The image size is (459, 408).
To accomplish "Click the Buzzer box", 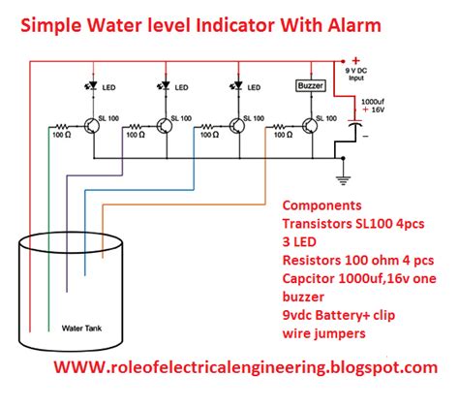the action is (x=310, y=86).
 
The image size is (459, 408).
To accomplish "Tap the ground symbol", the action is (x=343, y=180).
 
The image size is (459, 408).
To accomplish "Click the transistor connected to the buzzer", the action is (x=309, y=126).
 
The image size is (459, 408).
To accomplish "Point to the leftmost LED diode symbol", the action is (x=93, y=85).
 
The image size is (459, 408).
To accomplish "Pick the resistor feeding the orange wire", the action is (x=279, y=126).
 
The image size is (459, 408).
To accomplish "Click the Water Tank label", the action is (x=81, y=329).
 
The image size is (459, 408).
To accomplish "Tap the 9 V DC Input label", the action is (x=356, y=75).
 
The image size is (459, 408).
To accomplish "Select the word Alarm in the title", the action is (x=354, y=25).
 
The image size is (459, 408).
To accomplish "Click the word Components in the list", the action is (x=321, y=205).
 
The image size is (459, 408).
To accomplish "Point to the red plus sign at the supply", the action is (x=355, y=61).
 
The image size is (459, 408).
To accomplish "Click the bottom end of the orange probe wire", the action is (x=103, y=258).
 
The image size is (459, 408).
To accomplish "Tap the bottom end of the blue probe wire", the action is (x=85, y=274).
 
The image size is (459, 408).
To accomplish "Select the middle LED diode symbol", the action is (x=165, y=85).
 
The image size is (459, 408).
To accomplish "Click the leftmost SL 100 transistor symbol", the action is (x=91, y=126).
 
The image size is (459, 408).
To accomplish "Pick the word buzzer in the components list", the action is (x=303, y=297).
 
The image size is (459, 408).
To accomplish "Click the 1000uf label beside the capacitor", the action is (x=373, y=102).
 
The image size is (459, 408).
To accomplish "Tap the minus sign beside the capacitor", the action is (x=365, y=137).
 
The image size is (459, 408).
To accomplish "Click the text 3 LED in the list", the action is (x=299, y=242).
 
